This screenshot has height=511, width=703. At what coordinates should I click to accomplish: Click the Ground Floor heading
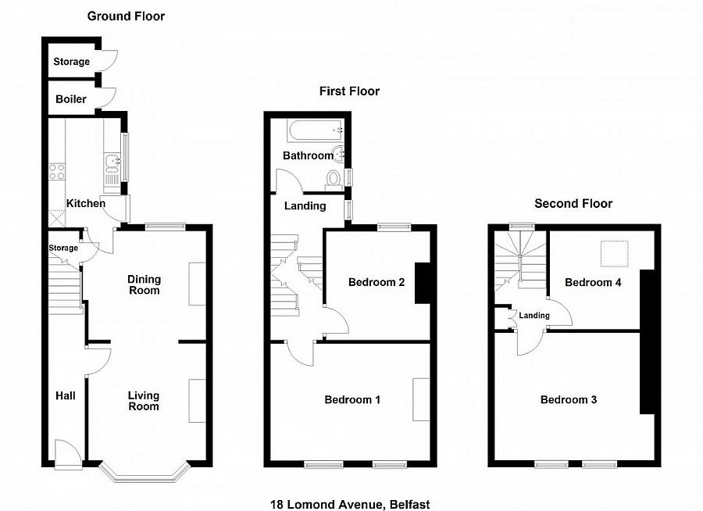click(126, 16)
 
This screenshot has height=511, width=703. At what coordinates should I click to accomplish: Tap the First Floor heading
click(349, 91)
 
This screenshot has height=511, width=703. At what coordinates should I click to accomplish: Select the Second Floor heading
click(573, 204)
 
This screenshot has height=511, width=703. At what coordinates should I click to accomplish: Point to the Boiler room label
click(71, 99)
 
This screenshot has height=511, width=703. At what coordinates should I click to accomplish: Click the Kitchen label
click(86, 203)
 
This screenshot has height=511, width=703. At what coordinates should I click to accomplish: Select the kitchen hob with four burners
click(57, 171)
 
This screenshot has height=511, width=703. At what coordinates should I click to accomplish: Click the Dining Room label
click(144, 284)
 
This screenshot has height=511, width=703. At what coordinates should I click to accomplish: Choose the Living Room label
click(144, 401)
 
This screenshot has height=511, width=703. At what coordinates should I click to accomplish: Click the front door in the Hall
click(66, 453)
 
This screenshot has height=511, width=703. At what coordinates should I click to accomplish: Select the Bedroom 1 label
click(352, 400)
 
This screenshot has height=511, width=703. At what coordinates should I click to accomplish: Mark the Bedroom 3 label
click(569, 400)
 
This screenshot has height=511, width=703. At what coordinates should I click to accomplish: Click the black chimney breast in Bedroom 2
click(423, 282)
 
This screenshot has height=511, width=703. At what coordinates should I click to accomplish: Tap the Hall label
click(65, 396)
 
